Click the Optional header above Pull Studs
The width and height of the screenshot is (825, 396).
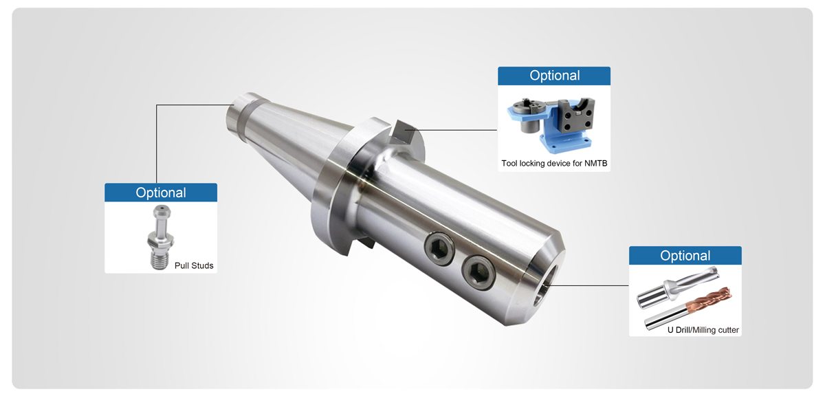point(160,192)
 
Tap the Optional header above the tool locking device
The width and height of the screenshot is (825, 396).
point(554,76)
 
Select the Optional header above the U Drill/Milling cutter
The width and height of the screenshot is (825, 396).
point(685,256)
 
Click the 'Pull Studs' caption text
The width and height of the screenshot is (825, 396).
point(193,265)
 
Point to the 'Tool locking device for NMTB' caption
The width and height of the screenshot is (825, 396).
point(554,164)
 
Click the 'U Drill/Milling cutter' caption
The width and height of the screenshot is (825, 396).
point(703,330)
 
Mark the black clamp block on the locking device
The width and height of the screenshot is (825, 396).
point(572,118)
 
